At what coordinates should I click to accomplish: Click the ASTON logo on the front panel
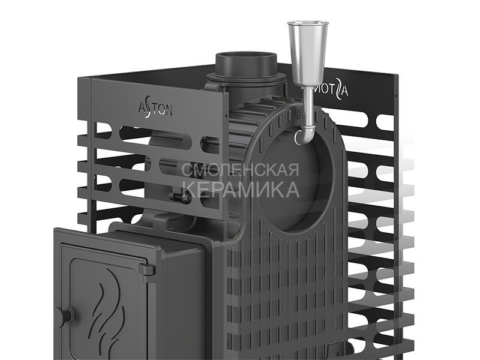pyautogui.click(x=155, y=109)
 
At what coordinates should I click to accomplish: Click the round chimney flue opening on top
pyautogui.click(x=247, y=58)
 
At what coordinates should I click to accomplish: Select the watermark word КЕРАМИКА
pyautogui.click(x=242, y=189)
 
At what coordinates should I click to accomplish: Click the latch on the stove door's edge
pyautogui.click(x=147, y=270)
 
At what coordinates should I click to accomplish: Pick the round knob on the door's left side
pyautogui.click(x=64, y=316)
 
